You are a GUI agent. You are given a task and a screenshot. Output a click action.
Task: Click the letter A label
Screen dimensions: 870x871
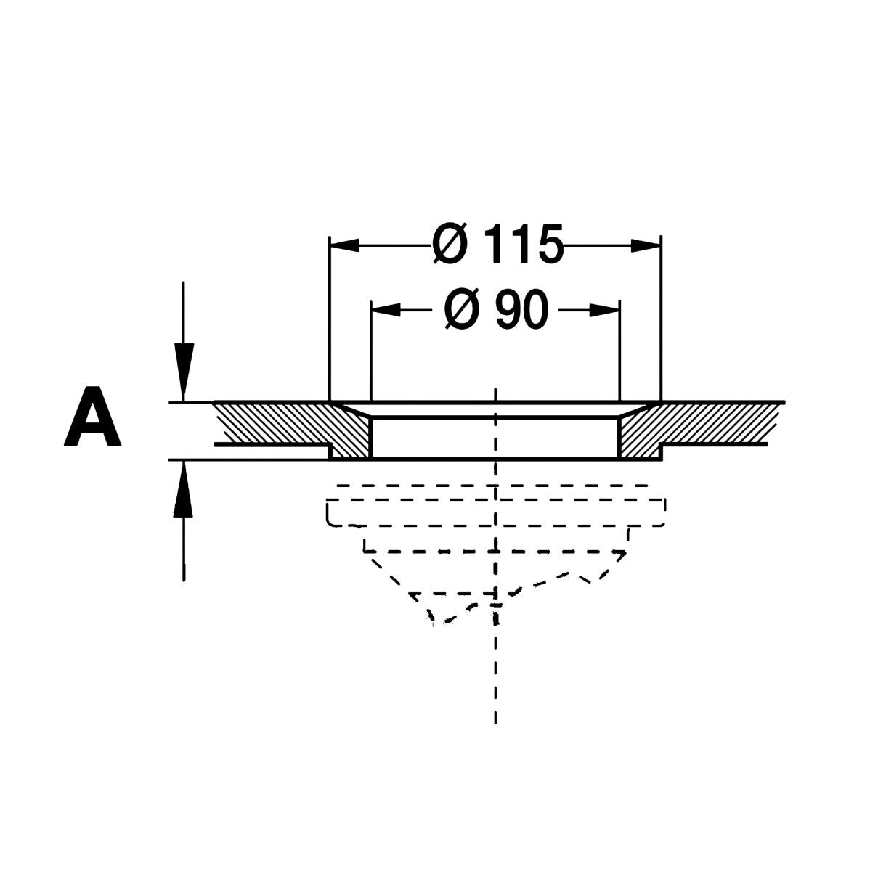(x=93, y=417)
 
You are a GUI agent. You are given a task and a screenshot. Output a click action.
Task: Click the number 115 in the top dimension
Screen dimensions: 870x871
(x=524, y=245)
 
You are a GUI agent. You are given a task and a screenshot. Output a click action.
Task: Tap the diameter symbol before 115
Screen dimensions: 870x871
(x=450, y=245)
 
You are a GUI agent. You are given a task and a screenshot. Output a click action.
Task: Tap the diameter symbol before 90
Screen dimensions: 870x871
(x=461, y=310)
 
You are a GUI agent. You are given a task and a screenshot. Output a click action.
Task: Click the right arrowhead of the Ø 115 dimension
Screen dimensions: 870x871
(x=646, y=245)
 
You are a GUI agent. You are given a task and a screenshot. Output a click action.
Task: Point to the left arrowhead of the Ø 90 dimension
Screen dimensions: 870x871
(x=386, y=310)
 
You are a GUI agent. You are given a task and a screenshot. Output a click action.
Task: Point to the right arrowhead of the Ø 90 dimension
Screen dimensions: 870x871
(x=604, y=310)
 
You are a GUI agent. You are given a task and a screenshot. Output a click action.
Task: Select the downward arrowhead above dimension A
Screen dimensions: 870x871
(x=184, y=372)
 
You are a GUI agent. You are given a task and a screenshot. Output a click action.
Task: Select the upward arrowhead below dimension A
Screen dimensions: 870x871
(x=183, y=490)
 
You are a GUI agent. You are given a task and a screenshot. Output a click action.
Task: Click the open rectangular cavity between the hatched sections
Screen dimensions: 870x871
(x=495, y=438)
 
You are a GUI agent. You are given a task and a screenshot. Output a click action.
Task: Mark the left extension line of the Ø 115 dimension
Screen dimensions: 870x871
(x=330, y=319)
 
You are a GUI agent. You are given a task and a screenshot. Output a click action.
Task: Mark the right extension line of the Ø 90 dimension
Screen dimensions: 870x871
(x=619, y=351)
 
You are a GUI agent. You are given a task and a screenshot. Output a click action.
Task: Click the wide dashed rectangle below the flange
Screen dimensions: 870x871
(x=495, y=512)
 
